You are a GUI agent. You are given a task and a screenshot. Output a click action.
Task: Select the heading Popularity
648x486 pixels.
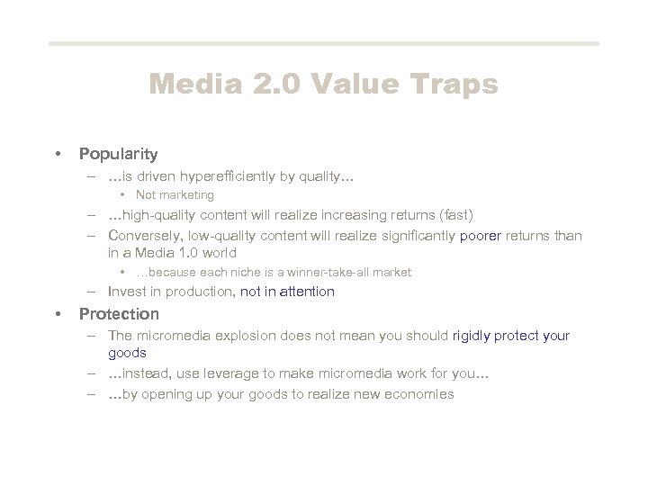[118, 154]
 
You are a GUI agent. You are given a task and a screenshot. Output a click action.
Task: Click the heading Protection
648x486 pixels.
[119, 314]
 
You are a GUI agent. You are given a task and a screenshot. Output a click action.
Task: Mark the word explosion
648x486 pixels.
[238, 336]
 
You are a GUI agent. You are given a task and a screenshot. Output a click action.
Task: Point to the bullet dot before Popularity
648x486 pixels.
[58, 154]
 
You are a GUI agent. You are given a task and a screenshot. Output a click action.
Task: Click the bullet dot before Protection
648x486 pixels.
[58, 314]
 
